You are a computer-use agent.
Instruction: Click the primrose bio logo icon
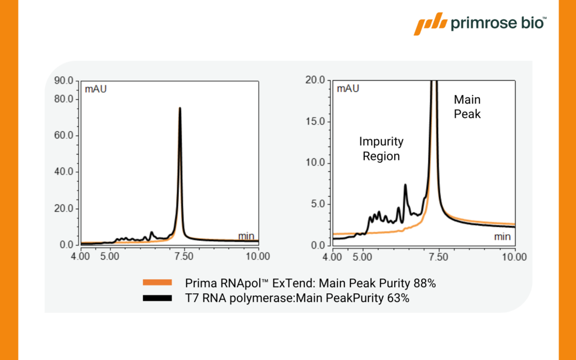click(430, 24)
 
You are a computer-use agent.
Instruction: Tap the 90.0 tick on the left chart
click(65, 81)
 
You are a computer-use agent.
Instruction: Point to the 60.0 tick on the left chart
click(65, 135)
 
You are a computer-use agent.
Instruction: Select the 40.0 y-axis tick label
click(65, 172)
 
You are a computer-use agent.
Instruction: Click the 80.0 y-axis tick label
click(65, 99)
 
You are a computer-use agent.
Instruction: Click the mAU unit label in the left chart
click(96, 89)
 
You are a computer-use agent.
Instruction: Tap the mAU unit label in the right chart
click(348, 89)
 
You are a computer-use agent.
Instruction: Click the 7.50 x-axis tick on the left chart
click(184, 257)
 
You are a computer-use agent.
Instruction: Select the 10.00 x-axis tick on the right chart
click(515, 257)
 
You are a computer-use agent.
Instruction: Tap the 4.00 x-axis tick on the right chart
click(333, 257)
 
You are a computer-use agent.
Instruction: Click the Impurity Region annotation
click(381, 149)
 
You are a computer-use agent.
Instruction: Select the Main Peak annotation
click(467, 107)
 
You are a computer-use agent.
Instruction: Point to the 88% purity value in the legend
click(425, 283)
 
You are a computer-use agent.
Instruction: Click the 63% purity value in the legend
click(398, 299)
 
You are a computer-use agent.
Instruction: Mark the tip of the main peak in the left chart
click(180, 108)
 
